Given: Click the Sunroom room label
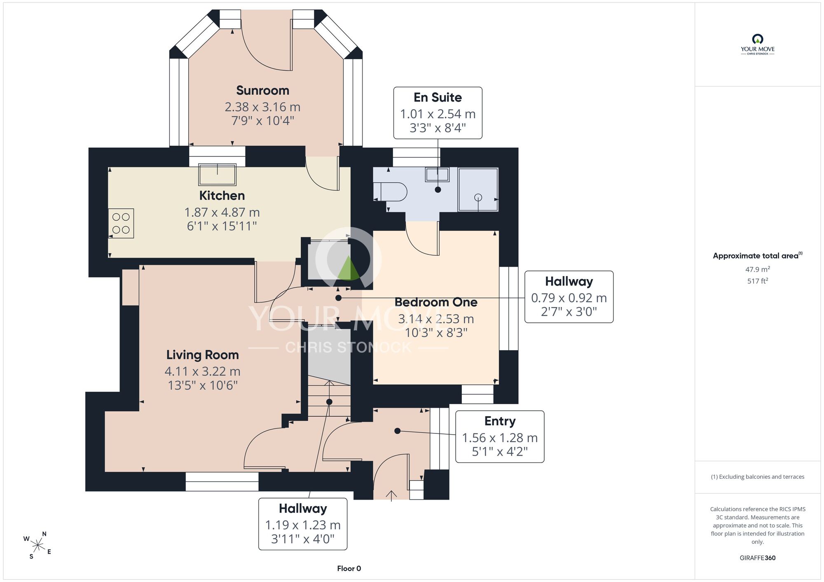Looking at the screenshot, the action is [x=262, y=91].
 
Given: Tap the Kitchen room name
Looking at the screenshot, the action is [x=222, y=196].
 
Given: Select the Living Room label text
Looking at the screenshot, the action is [x=203, y=355].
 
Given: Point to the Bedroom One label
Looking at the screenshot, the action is [x=436, y=302].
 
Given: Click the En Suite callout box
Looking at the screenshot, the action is [x=438, y=113].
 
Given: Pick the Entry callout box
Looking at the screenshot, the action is [x=500, y=437].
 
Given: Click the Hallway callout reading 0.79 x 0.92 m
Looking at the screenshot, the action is [x=569, y=297].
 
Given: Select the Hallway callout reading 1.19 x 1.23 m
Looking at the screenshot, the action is [x=303, y=524].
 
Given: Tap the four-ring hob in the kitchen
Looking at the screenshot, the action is [x=121, y=223].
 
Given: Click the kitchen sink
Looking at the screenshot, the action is [x=218, y=175].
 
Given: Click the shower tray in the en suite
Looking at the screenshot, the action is [x=478, y=189].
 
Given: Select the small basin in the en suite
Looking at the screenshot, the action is [x=437, y=175].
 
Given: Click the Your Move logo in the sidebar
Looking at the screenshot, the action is [x=758, y=44].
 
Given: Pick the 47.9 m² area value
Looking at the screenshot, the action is [x=758, y=269].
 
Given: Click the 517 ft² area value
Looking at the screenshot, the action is [x=758, y=281].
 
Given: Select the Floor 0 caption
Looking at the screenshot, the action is [x=349, y=568].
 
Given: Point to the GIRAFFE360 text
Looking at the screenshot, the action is [x=758, y=558].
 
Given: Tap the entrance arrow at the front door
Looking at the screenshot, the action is [x=391, y=496].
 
